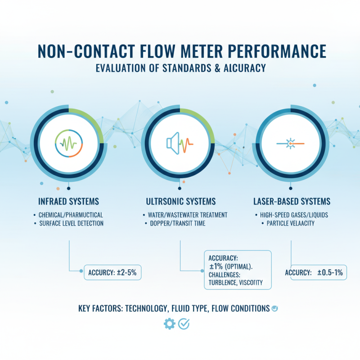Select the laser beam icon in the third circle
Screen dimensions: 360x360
[x=291, y=144]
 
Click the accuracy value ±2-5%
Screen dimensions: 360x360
[x=127, y=271]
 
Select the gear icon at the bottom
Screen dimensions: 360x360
[x=169, y=324]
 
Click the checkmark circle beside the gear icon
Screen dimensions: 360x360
[x=184, y=324]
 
